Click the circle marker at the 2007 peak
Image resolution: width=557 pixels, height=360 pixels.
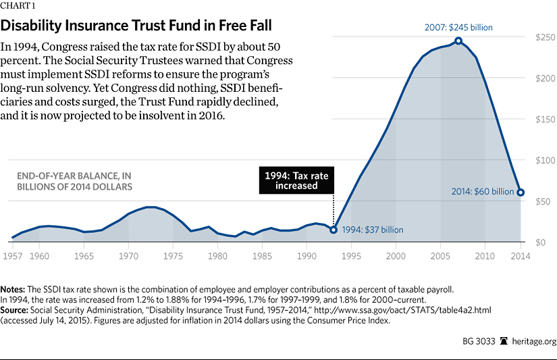click(458, 41)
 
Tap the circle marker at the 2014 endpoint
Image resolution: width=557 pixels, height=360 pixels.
click(521, 192)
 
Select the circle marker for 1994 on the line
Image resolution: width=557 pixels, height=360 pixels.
click(334, 230)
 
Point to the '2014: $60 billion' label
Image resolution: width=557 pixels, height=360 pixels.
click(483, 192)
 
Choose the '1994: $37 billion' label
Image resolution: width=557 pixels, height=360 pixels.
click(372, 230)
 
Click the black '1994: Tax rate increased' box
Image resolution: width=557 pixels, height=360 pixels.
click(296, 180)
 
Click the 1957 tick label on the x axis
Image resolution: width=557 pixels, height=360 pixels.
click(12, 257)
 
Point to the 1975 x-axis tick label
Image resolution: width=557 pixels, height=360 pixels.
click(173, 257)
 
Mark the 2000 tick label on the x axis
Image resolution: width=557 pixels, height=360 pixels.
click(396, 257)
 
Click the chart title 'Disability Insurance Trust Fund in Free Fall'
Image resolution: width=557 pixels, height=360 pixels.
click(136, 27)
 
